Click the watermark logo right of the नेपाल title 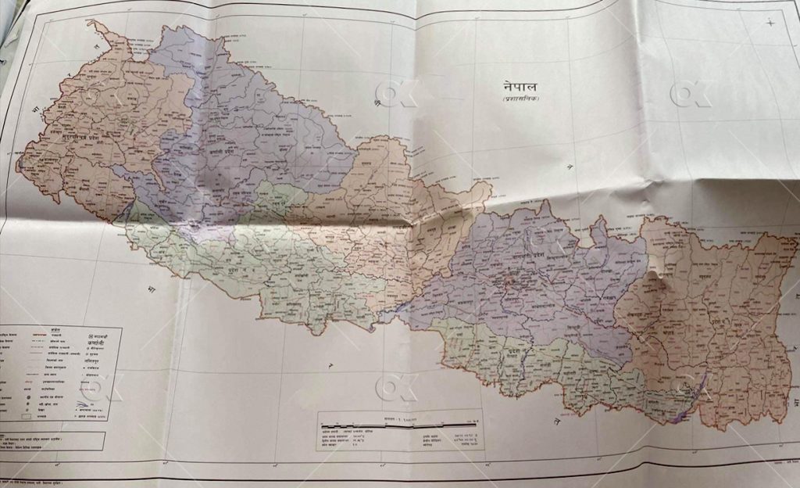(691, 95)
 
